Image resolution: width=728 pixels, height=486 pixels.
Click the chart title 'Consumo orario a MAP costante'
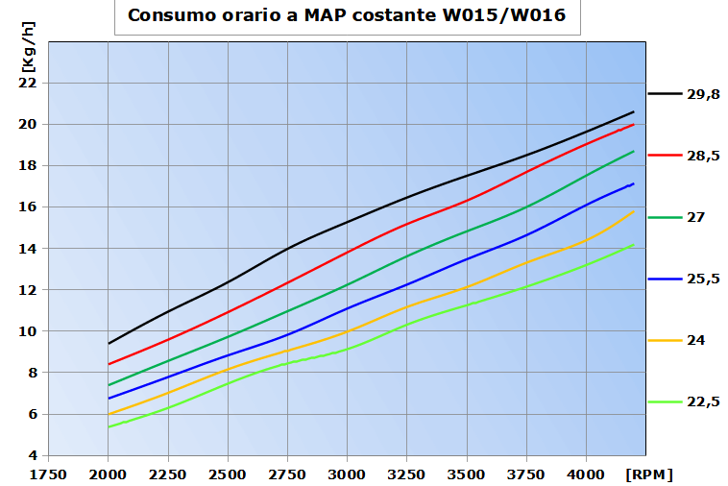347,16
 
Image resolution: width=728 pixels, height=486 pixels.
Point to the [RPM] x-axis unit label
649,474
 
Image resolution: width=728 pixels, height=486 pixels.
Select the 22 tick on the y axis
27,83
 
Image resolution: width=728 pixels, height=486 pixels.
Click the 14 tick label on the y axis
27,248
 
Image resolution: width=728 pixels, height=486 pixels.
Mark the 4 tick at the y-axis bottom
32,455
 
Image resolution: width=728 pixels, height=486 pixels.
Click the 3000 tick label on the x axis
347,474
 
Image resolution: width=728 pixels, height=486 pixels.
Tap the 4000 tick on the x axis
586,474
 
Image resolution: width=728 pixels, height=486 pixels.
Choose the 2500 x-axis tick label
228,474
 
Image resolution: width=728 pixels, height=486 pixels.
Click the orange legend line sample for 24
665,340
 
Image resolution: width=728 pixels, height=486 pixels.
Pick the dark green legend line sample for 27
665,217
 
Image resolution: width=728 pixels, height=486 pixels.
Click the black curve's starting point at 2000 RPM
109,343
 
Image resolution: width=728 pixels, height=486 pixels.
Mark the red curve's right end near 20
633,124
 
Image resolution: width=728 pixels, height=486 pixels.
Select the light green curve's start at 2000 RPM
109,426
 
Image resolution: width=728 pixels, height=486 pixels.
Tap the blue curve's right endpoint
633,183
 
